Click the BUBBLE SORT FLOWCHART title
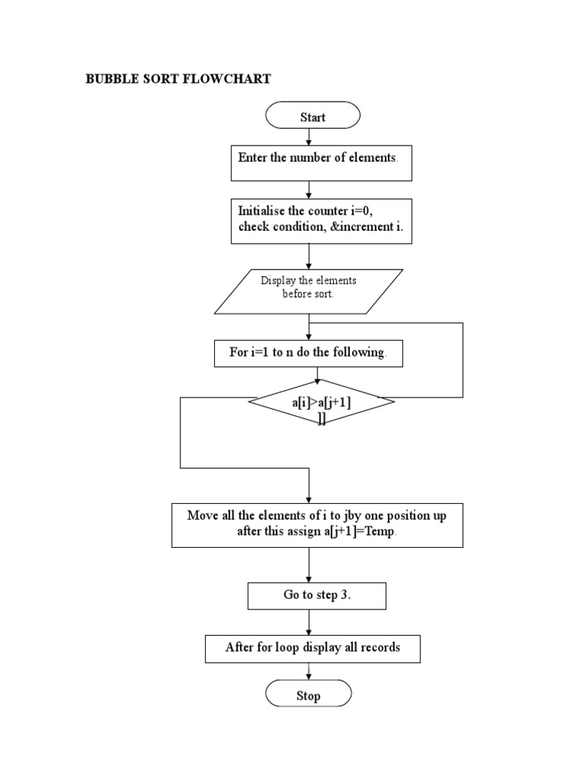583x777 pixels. [x=178, y=79]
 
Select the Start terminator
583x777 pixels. [x=312, y=117]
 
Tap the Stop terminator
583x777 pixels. [x=308, y=695]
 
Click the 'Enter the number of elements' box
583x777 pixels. [x=321, y=163]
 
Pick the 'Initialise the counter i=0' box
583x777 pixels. [x=321, y=221]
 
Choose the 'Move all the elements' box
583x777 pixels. [x=317, y=524]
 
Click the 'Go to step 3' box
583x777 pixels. [x=317, y=596]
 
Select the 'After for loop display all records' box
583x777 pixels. [x=312, y=648]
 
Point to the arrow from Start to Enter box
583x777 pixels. [x=308, y=137]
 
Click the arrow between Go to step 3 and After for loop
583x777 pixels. [x=309, y=622]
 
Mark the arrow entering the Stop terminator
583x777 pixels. [x=308, y=671]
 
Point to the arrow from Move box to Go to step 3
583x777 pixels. [x=309, y=565]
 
